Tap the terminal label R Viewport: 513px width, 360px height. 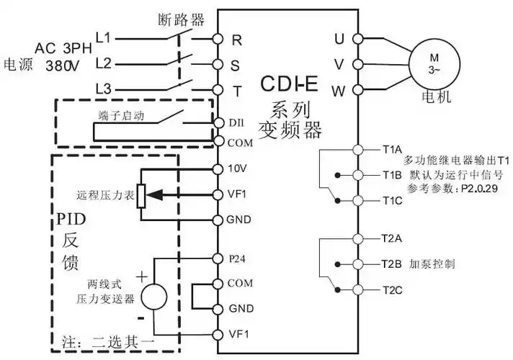(236, 39)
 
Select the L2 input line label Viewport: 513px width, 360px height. (104, 63)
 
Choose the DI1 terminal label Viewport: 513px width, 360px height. (236, 123)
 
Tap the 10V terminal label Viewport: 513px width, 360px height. (237, 169)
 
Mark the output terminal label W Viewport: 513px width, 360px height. (338, 91)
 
